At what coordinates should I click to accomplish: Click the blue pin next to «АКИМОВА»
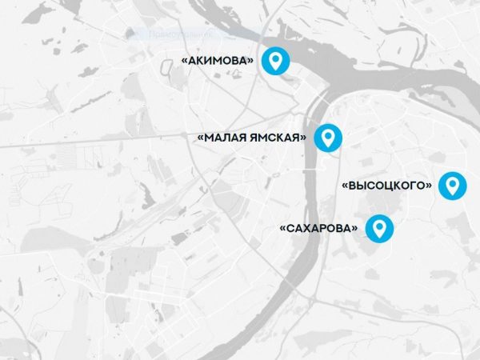point(277,61)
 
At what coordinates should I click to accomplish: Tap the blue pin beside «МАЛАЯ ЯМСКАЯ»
point(327,138)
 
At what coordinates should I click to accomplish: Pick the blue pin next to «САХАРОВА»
point(380,229)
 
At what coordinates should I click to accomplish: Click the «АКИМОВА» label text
point(218,61)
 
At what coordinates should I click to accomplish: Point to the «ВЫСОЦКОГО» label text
point(387,186)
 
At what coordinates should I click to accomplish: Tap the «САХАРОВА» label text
point(318,229)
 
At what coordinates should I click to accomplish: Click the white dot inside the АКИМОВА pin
point(277,58)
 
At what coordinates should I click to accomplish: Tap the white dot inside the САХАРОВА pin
point(380,226)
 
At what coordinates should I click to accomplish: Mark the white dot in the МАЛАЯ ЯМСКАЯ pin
point(327,135)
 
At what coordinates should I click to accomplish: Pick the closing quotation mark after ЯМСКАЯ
point(304,138)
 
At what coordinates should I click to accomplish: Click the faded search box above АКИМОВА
point(192,35)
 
